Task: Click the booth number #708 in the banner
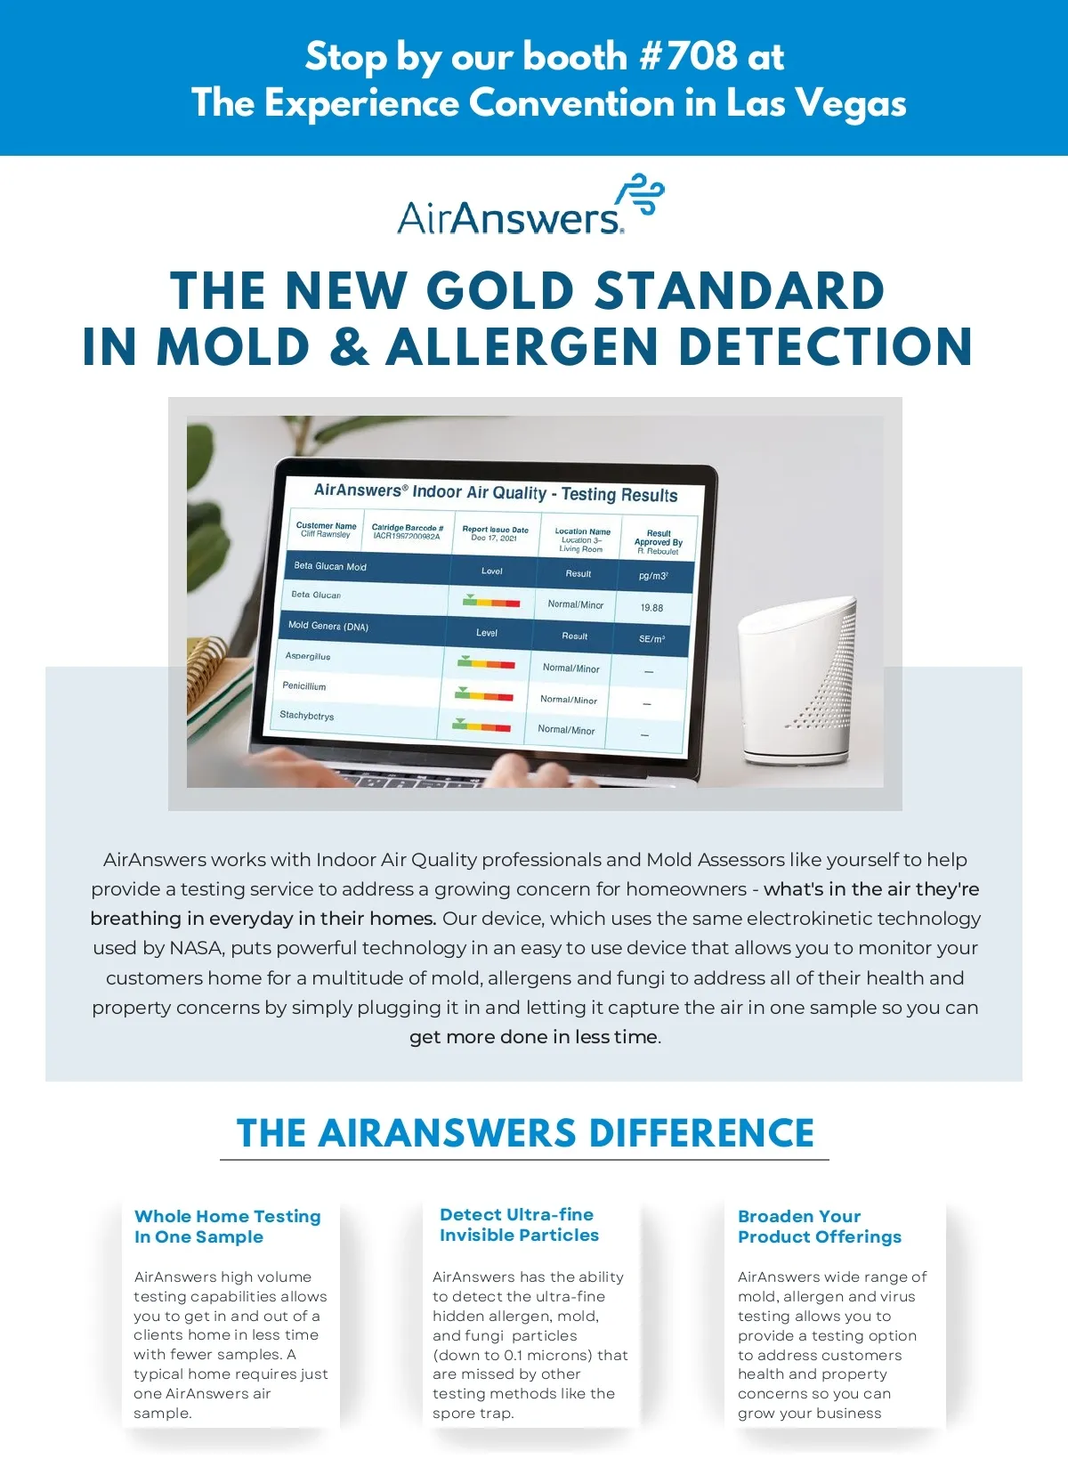(688, 55)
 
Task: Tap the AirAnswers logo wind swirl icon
(640, 193)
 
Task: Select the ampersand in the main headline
(348, 346)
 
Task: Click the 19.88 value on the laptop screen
(651, 608)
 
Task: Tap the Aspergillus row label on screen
(307, 656)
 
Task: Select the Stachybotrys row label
(306, 715)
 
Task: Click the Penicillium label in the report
(303, 685)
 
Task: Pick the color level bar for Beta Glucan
(491, 601)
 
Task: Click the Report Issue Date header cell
(495, 532)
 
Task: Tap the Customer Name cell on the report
(326, 530)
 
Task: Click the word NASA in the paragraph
(197, 947)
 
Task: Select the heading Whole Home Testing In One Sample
(227, 1226)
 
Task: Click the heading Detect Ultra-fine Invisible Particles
(519, 1225)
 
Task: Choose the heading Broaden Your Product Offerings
(819, 1226)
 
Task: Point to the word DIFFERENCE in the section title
(700, 1132)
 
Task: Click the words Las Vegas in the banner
(816, 104)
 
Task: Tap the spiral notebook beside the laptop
(211, 685)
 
